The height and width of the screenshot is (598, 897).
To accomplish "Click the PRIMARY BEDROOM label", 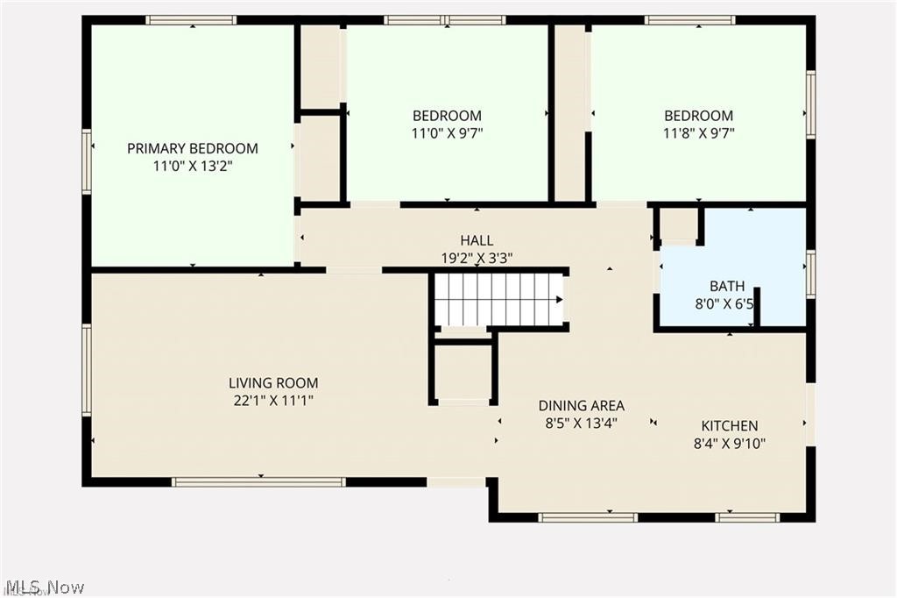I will (193, 148).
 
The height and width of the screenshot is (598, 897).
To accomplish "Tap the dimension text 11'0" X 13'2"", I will (193, 165).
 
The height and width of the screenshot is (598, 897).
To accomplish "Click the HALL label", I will (477, 240).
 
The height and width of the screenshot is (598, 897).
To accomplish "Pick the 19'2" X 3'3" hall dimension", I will (477, 258).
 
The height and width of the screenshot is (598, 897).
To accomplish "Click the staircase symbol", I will (498, 299).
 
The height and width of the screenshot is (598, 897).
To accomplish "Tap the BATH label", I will (727, 286).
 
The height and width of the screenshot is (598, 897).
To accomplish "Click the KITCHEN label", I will (729, 425).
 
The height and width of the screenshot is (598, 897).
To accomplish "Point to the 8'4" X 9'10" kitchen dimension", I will (729, 443).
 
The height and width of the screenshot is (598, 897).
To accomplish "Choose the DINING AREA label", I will (581, 405).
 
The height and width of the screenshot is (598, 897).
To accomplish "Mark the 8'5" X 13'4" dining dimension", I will (581, 423).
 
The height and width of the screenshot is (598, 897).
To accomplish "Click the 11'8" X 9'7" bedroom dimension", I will (698, 133).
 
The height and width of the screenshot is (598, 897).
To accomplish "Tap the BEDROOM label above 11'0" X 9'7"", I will (447, 116).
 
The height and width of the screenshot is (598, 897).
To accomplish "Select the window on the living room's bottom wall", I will (258, 481).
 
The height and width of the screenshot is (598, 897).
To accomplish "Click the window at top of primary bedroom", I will (191, 20).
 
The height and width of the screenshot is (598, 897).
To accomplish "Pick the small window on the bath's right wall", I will (810, 274).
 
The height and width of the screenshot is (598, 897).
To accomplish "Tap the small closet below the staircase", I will (463, 371).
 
